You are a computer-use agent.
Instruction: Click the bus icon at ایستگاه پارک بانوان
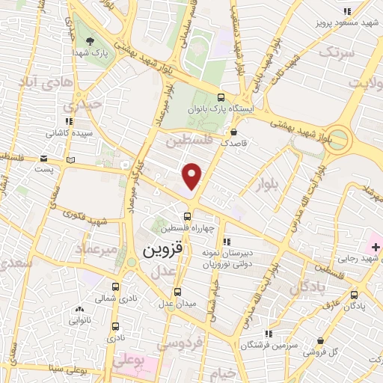[x=220, y=97]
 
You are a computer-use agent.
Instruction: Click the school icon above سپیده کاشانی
[x=68, y=121]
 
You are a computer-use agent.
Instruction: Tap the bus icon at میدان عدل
[x=177, y=292]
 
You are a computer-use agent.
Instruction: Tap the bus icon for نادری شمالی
[x=115, y=287]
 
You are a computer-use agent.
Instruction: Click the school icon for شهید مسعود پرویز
[x=347, y=11]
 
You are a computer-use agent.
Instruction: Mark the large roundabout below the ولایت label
[x=340, y=138]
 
